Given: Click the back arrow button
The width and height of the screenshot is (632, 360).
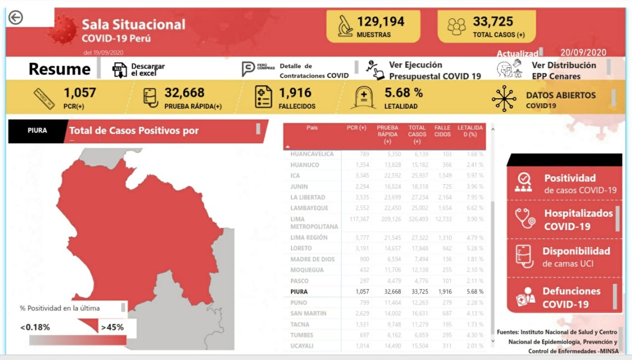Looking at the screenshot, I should click(16, 18).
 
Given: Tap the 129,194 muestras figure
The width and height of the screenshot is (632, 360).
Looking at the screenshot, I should click(380, 22).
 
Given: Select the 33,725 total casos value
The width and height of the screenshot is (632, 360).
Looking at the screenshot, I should click(493, 22).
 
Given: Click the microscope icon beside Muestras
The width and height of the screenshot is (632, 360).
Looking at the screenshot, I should click(345, 26).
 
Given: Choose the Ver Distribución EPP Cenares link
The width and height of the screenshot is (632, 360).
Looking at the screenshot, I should click(563, 70).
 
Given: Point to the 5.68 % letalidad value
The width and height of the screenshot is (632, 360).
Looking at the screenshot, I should click(403, 93).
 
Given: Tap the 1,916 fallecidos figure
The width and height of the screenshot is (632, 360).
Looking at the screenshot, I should click(295, 93).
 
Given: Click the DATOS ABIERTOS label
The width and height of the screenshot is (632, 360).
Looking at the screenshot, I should click(560, 95).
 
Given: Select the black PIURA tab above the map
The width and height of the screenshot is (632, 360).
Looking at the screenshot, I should click(38, 131).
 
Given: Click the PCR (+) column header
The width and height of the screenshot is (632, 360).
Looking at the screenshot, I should click(356, 128).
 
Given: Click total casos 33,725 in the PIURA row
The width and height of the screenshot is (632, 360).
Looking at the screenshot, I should click(417, 292).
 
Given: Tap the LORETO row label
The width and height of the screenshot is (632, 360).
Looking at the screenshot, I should click(301, 248).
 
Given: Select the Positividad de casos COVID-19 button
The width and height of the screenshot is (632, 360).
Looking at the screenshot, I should click(564, 183).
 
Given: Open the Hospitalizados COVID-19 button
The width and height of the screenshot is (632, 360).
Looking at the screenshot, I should click(564, 220).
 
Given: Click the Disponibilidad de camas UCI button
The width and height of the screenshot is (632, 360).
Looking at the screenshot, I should click(564, 257).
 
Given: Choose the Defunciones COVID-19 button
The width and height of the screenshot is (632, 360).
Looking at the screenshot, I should click(564, 297).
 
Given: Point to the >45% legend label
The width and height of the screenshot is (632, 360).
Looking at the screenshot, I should click(112, 327).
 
